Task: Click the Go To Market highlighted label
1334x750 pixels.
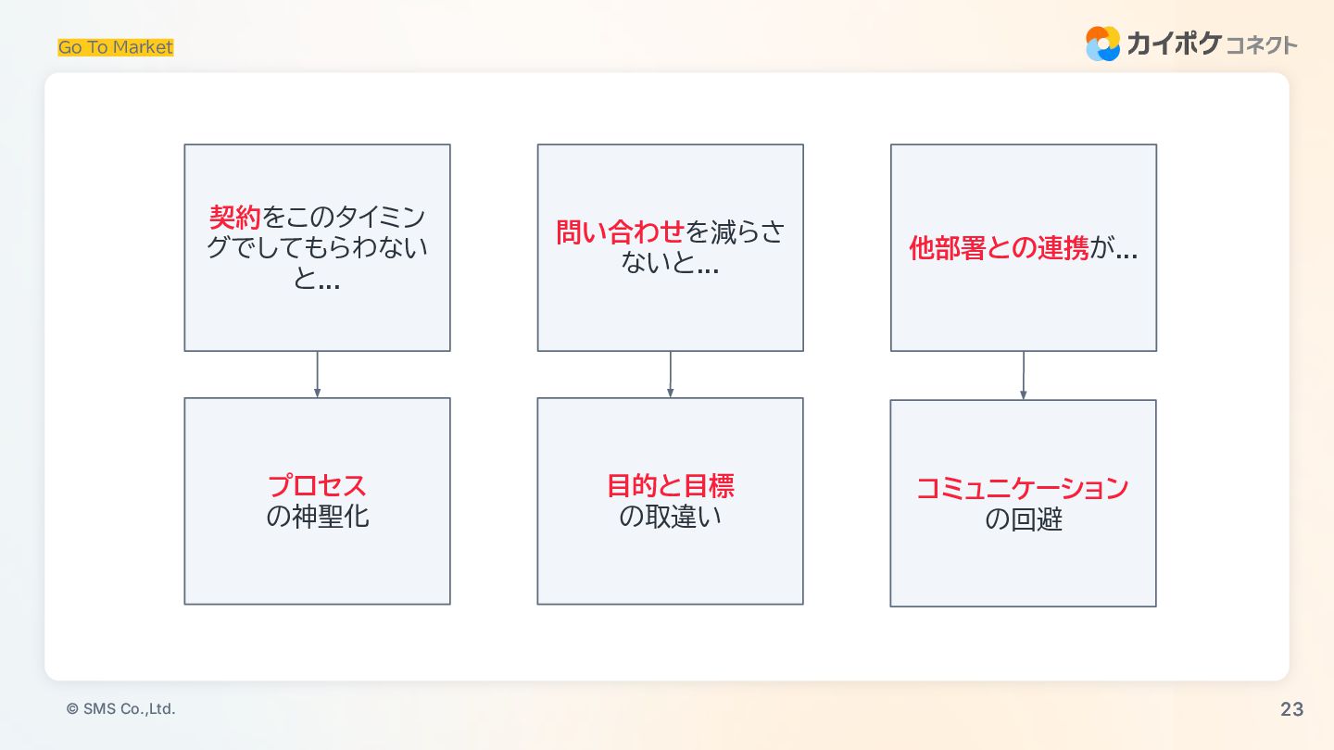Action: (116, 47)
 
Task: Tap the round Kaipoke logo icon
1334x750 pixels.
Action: (1102, 44)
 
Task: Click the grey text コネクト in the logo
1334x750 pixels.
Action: (1261, 45)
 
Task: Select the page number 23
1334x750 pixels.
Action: (1291, 709)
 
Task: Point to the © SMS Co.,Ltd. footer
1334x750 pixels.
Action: (120, 709)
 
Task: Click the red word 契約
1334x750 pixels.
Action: (235, 219)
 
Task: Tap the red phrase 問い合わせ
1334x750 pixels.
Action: (620, 232)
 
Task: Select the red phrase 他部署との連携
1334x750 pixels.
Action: (999, 249)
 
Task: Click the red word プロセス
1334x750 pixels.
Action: (317, 485)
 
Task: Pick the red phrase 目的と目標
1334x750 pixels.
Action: (670, 485)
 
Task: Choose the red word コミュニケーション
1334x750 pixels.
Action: (1023, 488)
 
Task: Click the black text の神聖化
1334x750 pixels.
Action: (317, 517)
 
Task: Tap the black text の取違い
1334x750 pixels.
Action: (670, 517)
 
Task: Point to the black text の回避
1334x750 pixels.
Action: (1023, 519)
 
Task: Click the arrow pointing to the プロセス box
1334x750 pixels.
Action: (317, 374)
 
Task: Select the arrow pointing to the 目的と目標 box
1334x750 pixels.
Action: (670, 374)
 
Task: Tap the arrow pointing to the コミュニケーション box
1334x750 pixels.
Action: (1023, 375)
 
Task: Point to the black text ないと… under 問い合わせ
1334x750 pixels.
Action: (670, 265)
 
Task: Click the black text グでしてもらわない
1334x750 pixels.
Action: (317, 248)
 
